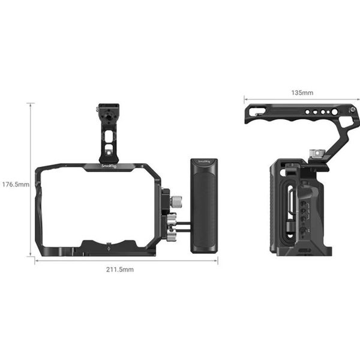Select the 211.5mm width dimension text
tap(122, 270)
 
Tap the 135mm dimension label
tap(301, 93)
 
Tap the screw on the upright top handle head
tap(98, 110)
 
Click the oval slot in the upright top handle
tap(107, 137)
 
